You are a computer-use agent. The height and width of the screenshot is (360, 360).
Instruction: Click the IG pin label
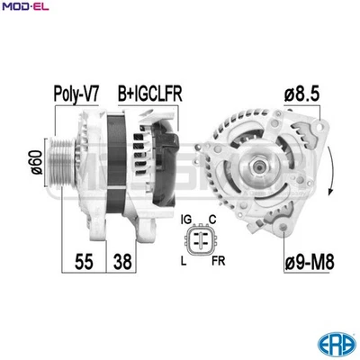click(185, 219)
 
